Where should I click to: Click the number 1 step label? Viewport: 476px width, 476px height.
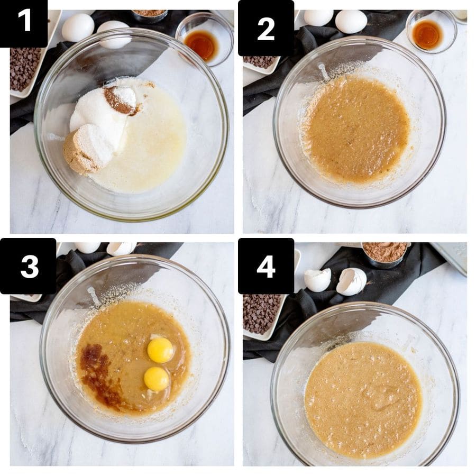[24, 22]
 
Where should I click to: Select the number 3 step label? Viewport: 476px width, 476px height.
[29, 266]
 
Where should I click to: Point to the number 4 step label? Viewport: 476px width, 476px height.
[266, 266]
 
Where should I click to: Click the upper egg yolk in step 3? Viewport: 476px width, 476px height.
[160, 350]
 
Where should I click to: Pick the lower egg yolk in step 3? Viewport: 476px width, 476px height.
[157, 379]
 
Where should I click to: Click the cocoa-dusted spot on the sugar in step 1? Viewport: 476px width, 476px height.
[119, 99]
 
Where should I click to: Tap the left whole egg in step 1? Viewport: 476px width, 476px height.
[78, 28]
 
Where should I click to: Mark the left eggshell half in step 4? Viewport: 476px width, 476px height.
[318, 279]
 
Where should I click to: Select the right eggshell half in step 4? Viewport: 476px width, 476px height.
[352, 281]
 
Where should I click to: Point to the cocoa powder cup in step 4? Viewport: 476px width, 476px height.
[385, 252]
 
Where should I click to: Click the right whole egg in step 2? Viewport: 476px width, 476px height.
[351, 21]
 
